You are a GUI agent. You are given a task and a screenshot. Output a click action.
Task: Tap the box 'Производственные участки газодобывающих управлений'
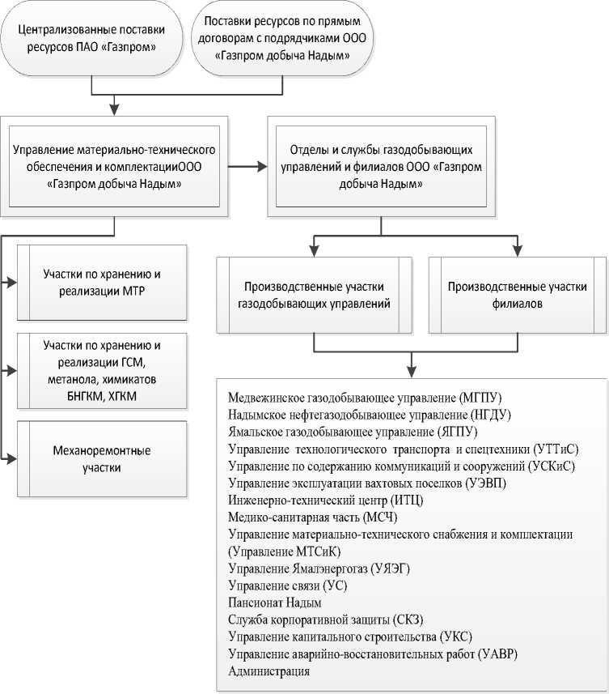(x=314, y=296)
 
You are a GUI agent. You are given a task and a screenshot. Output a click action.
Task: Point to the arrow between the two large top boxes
(x=247, y=168)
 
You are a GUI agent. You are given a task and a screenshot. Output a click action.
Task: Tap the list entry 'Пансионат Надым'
(x=276, y=602)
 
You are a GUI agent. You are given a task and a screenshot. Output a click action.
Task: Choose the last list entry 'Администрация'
(x=269, y=671)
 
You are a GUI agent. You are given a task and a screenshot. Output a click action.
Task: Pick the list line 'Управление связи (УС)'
(x=288, y=585)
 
